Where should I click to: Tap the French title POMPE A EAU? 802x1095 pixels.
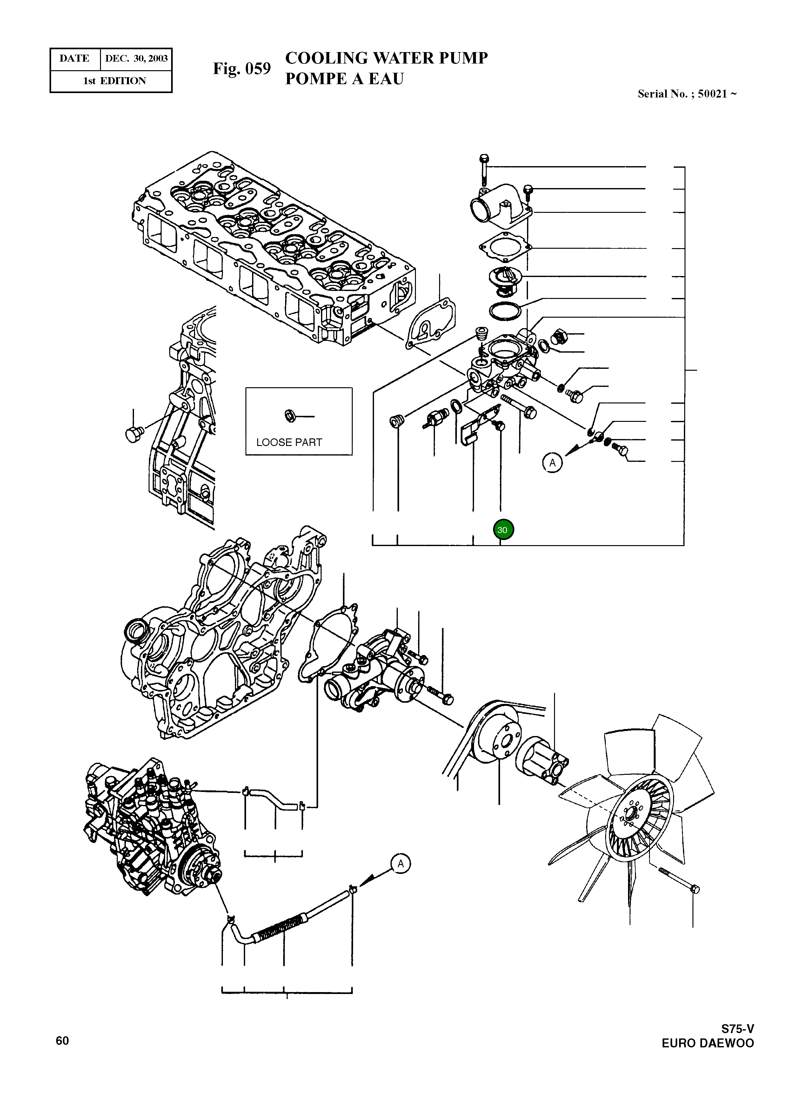(x=344, y=79)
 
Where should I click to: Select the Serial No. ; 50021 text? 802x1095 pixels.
(x=686, y=94)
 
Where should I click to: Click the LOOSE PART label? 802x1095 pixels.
(x=289, y=443)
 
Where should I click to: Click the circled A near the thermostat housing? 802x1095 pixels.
(x=552, y=463)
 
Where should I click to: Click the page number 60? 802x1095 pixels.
(x=62, y=1041)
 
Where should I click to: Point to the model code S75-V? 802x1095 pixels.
(x=737, y=1030)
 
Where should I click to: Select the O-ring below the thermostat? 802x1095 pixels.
(x=505, y=311)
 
